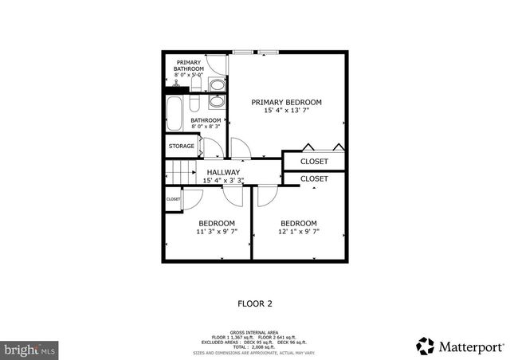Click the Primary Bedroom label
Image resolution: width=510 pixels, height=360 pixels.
click(286, 102)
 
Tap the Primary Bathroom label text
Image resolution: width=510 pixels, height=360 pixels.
click(189, 65)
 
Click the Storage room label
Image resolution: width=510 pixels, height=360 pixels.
click(181, 147)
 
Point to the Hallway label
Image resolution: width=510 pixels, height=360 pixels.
click(223, 172)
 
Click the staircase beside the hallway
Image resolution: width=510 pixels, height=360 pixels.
click(181, 172)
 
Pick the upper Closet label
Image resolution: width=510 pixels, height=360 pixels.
click(314, 162)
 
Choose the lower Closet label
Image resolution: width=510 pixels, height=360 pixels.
click(314, 179)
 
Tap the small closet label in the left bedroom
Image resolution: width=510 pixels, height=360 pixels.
click(173, 199)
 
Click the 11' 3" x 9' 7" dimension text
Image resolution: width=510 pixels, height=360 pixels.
click(217, 233)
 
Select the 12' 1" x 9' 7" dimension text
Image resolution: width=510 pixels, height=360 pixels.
click(299, 233)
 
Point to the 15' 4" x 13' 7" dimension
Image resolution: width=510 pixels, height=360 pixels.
click(286, 112)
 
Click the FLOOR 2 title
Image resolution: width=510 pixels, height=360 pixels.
click(255, 303)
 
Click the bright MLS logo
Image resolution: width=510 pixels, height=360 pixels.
click(29, 348)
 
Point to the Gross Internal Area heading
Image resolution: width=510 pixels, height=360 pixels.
click(255, 331)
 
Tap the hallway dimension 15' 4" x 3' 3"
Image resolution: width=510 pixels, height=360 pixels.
click(223, 181)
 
